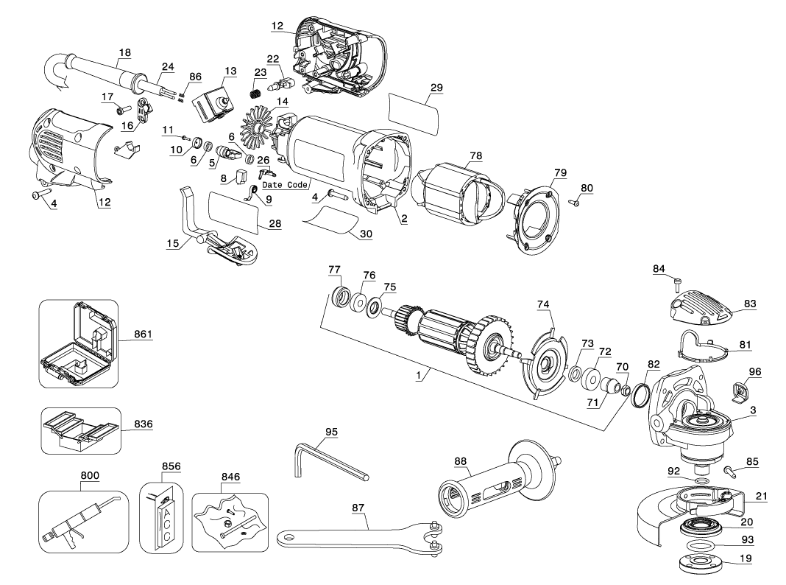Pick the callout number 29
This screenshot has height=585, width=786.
coord(436,88)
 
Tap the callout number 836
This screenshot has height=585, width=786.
coord(143,424)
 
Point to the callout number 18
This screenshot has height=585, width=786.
coord(124,52)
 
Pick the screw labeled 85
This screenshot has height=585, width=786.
coord(730,469)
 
